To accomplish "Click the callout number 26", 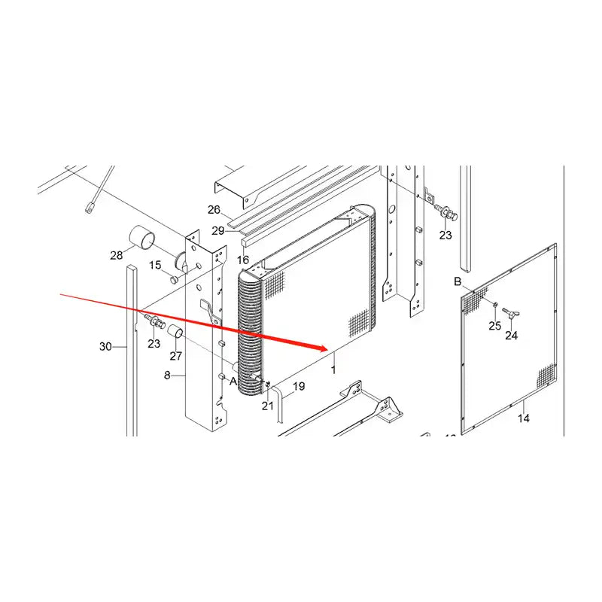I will [214, 210].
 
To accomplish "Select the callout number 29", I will [217, 230].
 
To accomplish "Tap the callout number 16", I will [242, 260].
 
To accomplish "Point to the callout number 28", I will [117, 256].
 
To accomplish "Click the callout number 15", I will [155, 265].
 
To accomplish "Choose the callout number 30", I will [105, 347].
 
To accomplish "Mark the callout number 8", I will [169, 375].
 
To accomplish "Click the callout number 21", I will [268, 406].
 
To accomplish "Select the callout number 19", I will [299, 387].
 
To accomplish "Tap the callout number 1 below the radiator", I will [333, 370].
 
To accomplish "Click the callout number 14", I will [524, 418].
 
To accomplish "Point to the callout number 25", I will [494, 325].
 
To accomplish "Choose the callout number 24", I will [511, 336].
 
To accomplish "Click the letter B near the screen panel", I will [458, 281].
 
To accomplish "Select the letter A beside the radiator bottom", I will [233, 381].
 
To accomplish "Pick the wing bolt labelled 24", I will [515, 312].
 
